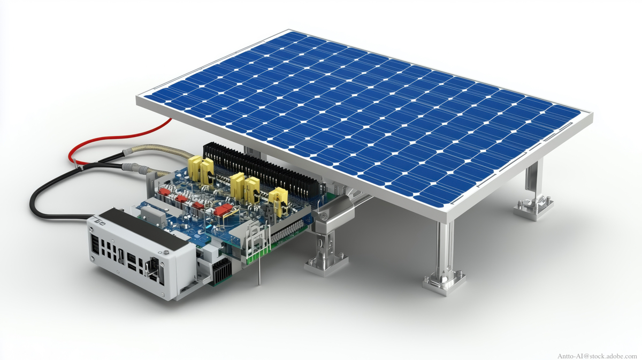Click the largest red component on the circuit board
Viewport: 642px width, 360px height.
coord(223,210)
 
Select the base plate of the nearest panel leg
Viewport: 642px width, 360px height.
coord(444,283)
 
